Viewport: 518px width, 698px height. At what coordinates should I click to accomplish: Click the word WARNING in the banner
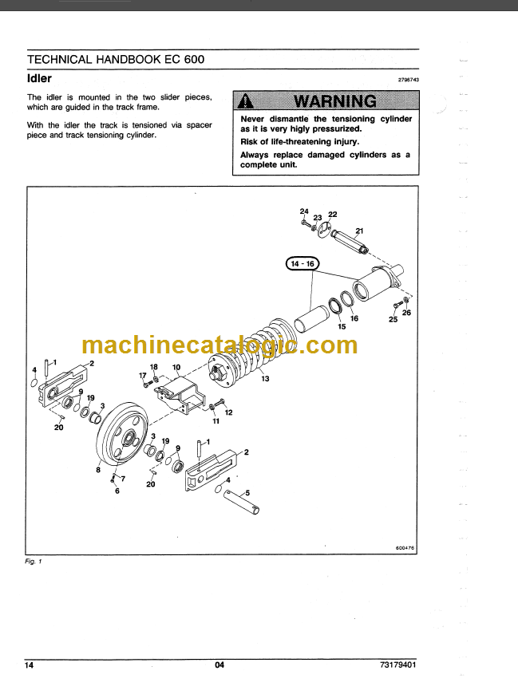(335, 101)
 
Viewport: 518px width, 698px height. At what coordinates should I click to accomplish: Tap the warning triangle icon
(245, 101)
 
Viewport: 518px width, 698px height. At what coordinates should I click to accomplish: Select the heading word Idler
(39, 78)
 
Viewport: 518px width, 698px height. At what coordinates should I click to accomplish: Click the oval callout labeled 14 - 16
(302, 264)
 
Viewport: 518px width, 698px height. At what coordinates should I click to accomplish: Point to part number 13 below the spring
(265, 379)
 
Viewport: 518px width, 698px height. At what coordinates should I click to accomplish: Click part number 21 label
(359, 231)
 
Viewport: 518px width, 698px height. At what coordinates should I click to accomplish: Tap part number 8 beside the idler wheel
(98, 470)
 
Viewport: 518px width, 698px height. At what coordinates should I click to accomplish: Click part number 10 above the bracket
(176, 367)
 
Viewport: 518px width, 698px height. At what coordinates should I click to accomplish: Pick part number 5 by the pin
(247, 493)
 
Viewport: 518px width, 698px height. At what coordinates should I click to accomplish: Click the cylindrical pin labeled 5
(241, 502)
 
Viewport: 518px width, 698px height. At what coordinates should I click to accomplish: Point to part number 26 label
(406, 313)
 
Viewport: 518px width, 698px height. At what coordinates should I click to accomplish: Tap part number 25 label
(393, 319)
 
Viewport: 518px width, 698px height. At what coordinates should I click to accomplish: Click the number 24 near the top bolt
(304, 211)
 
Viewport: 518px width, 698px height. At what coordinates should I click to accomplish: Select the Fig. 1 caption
(34, 562)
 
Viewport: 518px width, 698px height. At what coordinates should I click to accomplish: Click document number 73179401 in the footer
(398, 665)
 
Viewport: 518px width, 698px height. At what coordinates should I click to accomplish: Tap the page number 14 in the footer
(29, 665)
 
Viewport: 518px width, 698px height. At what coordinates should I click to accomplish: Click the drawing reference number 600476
(405, 548)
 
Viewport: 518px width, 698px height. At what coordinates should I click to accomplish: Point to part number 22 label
(333, 214)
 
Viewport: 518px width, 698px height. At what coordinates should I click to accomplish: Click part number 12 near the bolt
(228, 412)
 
